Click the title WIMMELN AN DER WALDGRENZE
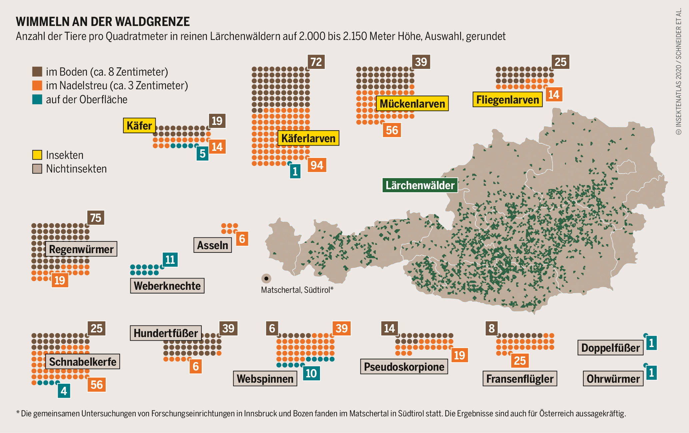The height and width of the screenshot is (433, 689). [x=103, y=22]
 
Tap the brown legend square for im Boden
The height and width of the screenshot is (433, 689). [x=37, y=72]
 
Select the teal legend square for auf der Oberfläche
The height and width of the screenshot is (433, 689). [x=37, y=99]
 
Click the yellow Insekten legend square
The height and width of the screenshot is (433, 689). [x=37, y=155]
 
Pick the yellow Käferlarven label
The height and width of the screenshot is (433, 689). [x=308, y=138]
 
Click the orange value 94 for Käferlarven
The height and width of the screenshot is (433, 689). [x=317, y=165]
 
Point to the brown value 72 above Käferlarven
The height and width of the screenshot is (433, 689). [x=316, y=62]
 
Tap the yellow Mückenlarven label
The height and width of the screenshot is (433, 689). [x=412, y=104]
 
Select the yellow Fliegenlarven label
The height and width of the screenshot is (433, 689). [x=507, y=100]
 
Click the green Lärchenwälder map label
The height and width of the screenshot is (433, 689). [x=420, y=185]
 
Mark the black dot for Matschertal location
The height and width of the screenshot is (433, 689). [x=266, y=278]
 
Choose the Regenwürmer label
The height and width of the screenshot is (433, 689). [x=81, y=249]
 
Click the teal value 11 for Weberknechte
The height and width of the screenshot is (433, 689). [x=170, y=259]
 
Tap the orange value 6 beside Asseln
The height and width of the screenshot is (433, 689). [x=242, y=239]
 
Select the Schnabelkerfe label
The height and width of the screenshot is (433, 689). [x=83, y=362]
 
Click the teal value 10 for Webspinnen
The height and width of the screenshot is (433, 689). [x=311, y=373]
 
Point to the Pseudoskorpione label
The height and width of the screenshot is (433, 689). [x=404, y=367]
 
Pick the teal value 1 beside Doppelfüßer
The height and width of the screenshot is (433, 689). [x=651, y=343]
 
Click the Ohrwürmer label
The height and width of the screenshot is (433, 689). [x=613, y=379]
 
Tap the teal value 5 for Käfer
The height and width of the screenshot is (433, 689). [x=202, y=154]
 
